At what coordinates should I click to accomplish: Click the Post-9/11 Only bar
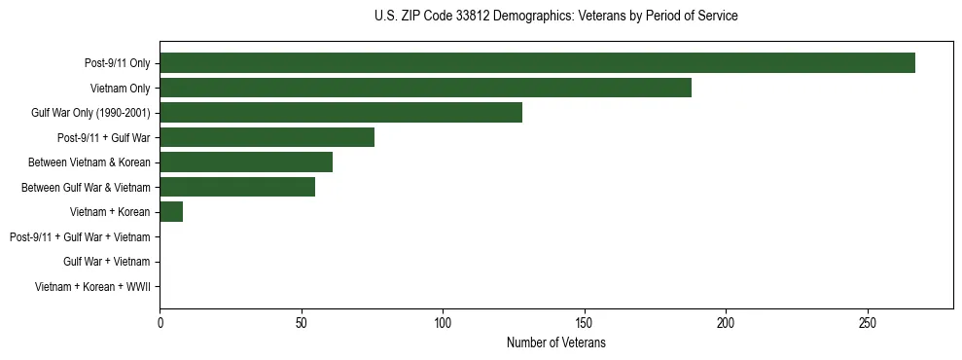coord(537,63)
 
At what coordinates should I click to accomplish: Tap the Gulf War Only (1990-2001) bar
coord(340,113)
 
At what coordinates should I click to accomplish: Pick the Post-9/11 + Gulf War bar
coord(267,137)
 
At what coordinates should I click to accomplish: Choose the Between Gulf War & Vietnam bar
coord(237,187)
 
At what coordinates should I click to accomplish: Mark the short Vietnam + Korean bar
coord(171,212)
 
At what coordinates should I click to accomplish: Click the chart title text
coord(555,17)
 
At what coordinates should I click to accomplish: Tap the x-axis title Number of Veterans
coord(555,342)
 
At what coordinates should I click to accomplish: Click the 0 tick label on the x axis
coord(160,322)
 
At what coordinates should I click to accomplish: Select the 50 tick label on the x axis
coord(302,322)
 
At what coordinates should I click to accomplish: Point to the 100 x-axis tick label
coord(443,322)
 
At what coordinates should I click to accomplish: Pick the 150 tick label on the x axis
coord(585,322)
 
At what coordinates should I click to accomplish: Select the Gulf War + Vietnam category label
coord(106,262)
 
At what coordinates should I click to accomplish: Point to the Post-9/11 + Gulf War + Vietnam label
coord(80,237)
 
